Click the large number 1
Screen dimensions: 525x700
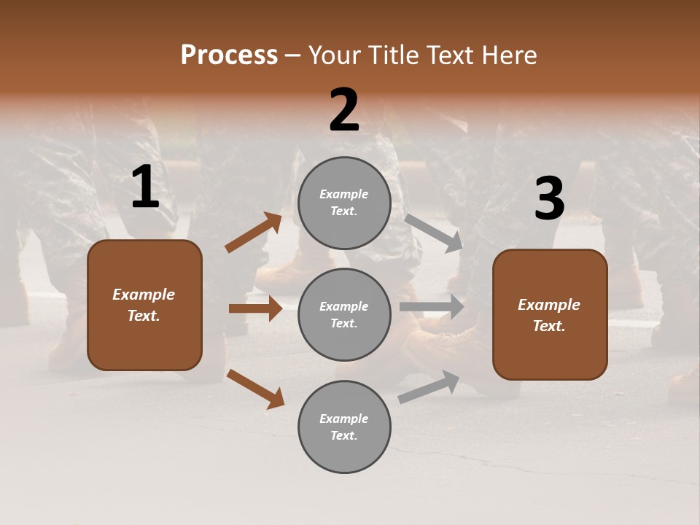(x=145, y=187)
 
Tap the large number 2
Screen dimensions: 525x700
(x=344, y=110)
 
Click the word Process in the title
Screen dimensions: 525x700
(x=229, y=55)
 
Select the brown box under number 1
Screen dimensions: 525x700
(x=144, y=305)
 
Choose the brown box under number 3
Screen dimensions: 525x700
(x=550, y=314)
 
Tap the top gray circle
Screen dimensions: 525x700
(x=344, y=203)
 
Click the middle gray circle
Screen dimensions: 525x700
(x=344, y=314)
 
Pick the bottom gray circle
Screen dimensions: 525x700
(x=344, y=427)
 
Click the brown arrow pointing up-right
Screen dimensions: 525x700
(x=254, y=233)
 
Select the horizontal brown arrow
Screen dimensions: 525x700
(x=255, y=308)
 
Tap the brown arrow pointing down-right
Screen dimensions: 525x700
(x=255, y=389)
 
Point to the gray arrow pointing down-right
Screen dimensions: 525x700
(x=434, y=233)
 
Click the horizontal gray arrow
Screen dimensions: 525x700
(x=432, y=307)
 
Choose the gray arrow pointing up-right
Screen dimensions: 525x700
(x=429, y=386)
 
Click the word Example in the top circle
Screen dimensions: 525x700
(x=344, y=195)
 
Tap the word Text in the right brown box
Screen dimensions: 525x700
(x=549, y=326)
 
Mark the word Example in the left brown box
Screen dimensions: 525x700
(x=144, y=295)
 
